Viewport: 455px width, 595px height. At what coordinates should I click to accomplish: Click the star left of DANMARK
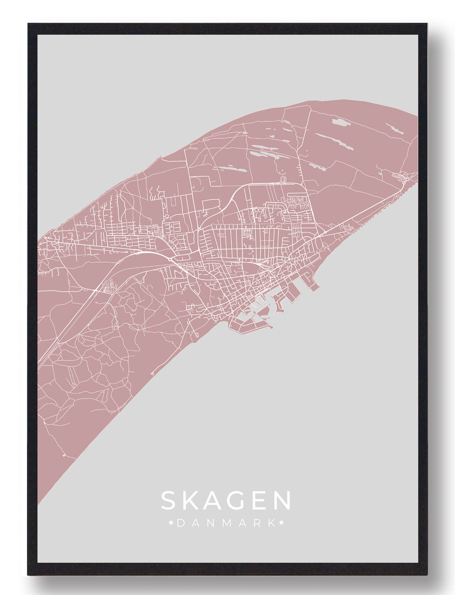(x=172, y=523)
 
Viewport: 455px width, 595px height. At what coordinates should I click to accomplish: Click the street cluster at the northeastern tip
(x=399, y=177)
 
